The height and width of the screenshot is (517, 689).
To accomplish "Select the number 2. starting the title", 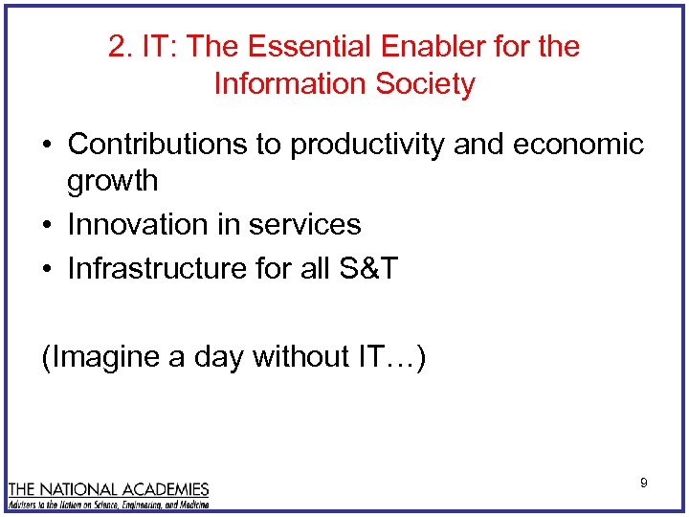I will [121, 47].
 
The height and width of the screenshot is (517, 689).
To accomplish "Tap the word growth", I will [113, 181].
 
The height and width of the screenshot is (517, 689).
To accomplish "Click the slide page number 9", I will [644, 483].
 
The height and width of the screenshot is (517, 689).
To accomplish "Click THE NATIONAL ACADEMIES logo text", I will [108, 488].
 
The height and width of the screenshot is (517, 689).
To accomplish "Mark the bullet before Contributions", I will [47, 146].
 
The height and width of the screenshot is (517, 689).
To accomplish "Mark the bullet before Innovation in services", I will [47, 226].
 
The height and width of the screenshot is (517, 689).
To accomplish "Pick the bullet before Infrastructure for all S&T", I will [47, 270].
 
